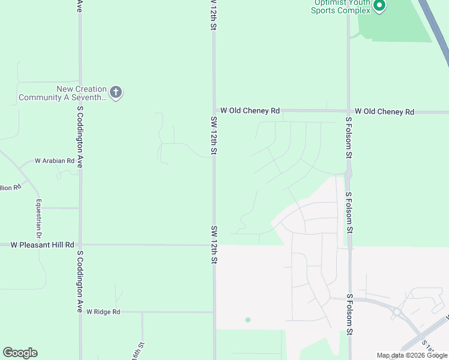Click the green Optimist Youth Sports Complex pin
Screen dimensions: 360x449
379,6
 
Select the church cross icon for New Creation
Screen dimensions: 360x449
116,92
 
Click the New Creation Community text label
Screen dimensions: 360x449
63,93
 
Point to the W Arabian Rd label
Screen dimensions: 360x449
54,161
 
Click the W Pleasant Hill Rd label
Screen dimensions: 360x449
43,245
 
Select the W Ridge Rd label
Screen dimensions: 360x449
103,312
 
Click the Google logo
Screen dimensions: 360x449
20,353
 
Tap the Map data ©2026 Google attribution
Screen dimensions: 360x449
412,355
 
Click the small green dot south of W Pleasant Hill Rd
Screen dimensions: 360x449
248,320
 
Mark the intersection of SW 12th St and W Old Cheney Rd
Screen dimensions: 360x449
214,110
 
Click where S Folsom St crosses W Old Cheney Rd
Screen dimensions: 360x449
348,112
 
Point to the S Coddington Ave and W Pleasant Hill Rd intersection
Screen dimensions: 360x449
80,245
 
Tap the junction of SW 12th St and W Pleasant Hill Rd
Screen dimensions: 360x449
214,245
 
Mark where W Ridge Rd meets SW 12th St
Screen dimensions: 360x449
214,312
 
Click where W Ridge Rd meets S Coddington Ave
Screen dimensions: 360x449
80,312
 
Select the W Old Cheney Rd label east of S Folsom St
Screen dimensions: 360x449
384,112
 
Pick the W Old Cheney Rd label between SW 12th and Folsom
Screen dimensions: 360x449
250,110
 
